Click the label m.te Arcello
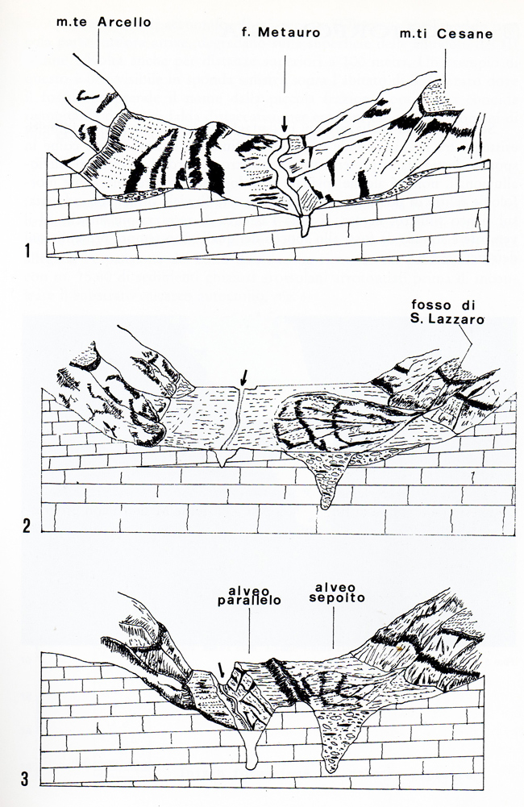click(103, 22)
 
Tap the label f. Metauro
click(281, 32)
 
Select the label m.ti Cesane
click(446, 34)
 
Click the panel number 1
click(27, 251)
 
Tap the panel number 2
click(27, 526)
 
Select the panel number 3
click(25, 779)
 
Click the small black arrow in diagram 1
click(284, 124)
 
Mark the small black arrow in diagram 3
click(221, 670)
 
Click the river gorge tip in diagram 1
click(304, 234)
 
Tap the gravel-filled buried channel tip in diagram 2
click(325, 506)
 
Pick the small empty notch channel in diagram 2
click(222, 457)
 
